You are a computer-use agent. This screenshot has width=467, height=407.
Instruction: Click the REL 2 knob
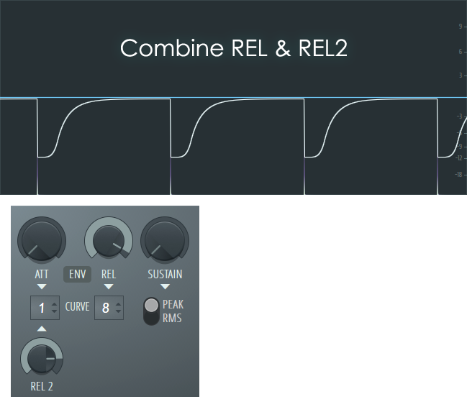pos(42,357)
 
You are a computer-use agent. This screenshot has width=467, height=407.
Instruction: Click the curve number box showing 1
pos(45,308)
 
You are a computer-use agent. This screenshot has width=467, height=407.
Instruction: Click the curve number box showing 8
pos(109,308)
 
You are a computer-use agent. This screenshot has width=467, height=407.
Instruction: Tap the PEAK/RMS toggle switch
pos(151,311)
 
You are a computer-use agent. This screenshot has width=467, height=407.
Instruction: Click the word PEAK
pos(173,305)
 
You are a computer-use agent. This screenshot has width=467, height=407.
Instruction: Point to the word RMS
pos(172,317)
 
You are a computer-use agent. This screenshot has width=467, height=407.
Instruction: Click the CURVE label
pos(78,307)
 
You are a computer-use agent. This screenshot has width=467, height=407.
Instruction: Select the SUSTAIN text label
pos(165,274)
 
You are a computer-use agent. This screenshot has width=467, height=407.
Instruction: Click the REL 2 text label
pos(42,386)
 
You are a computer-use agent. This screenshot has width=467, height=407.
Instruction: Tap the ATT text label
pos(41,274)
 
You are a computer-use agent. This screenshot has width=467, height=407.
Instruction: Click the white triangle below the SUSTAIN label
pos(165,286)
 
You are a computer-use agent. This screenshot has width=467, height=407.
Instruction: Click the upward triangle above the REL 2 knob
pos(42,329)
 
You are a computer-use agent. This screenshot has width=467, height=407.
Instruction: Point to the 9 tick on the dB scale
pos(459,27)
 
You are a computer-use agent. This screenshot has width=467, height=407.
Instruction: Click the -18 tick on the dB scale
pos(458,174)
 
